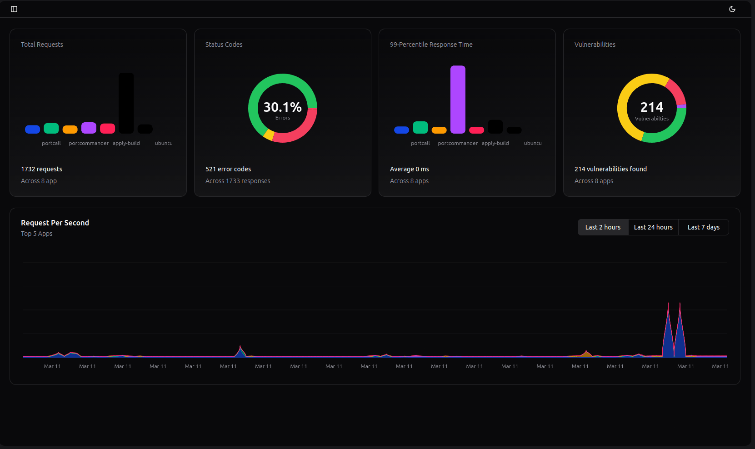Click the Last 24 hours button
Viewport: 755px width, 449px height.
point(653,227)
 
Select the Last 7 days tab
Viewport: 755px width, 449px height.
point(703,227)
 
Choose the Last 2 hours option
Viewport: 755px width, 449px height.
point(603,227)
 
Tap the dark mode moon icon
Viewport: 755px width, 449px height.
point(732,9)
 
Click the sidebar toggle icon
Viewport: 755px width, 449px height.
point(14,9)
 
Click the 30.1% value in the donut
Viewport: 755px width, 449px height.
point(282,107)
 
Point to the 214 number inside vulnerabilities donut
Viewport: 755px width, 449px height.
point(651,107)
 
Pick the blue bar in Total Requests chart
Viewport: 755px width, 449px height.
point(32,130)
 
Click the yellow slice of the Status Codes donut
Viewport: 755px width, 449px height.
point(269,135)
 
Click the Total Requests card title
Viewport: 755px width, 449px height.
point(42,45)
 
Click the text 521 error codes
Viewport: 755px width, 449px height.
point(228,169)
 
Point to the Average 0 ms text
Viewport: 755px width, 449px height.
point(409,169)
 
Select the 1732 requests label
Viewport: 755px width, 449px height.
point(41,169)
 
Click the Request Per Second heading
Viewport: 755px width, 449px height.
point(55,223)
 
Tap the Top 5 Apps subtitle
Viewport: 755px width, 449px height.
point(36,234)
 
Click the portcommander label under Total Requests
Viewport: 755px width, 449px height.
point(89,143)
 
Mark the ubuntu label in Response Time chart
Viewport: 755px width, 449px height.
point(533,143)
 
